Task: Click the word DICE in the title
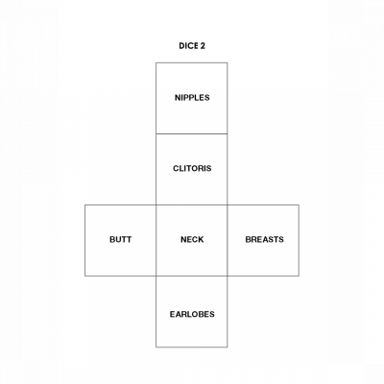(x=189, y=46)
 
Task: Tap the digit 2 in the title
(x=203, y=46)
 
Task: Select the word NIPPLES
(x=192, y=98)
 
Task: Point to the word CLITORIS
(x=192, y=168)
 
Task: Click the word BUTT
(x=120, y=239)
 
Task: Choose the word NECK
(x=192, y=239)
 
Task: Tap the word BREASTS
(x=264, y=239)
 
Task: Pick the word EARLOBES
(x=192, y=314)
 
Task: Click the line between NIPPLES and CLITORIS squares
(x=192, y=133)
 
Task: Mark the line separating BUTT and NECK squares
(x=156, y=240)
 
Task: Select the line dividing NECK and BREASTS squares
(x=228, y=240)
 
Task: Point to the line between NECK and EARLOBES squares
(x=192, y=276)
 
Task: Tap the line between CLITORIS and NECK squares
(x=192, y=204)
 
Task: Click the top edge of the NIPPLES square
(x=192, y=62)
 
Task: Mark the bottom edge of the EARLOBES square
(x=192, y=347)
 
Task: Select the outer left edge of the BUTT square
(x=84, y=240)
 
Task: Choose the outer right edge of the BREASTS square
(x=299, y=240)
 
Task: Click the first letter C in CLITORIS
(x=176, y=168)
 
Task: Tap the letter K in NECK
(x=201, y=239)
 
